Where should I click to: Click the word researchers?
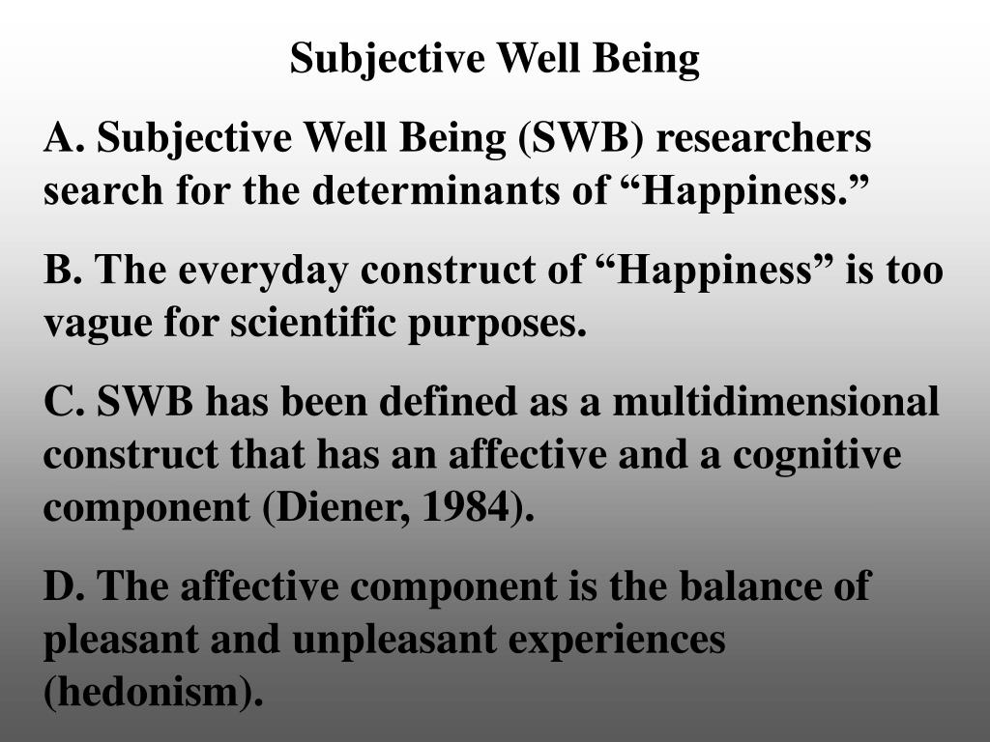[765, 139]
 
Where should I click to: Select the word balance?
[729, 585]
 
